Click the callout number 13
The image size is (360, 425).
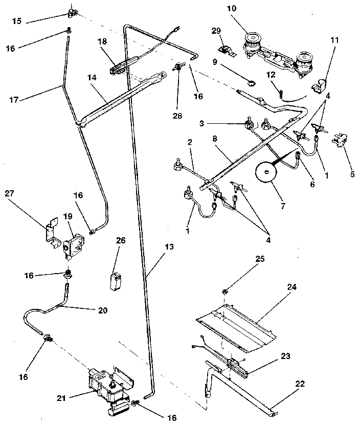(x=169, y=247)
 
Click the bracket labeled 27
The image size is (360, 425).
(x=50, y=232)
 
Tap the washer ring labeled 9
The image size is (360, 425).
(x=250, y=82)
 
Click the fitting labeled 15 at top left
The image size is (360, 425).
(x=72, y=11)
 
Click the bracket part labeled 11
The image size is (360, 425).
(x=320, y=85)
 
